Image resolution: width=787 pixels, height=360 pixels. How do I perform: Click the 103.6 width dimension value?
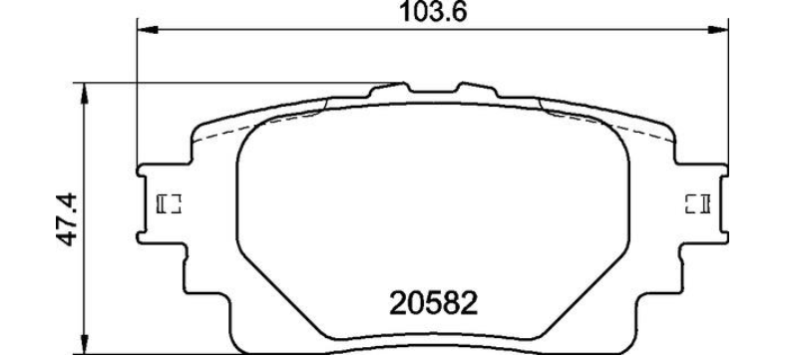(433, 12)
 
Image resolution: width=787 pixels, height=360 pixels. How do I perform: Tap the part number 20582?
(433, 304)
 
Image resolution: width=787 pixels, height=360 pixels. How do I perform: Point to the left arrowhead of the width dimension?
(148, 31)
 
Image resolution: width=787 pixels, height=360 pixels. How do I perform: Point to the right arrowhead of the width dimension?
(718, 31)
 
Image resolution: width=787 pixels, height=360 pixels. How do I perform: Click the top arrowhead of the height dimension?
(85, 94)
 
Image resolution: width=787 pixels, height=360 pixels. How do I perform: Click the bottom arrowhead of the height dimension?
(85, 344)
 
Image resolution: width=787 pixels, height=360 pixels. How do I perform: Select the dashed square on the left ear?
(169, 203)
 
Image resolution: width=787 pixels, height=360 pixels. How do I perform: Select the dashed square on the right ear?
(697, 203)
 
